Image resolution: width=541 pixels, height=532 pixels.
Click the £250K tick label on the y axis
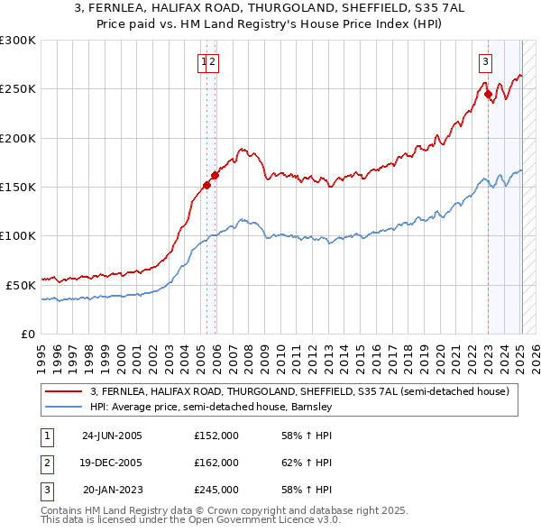[18, 89]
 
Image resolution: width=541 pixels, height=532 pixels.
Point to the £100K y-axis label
[18, 235]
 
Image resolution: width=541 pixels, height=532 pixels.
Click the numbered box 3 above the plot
[485, 62]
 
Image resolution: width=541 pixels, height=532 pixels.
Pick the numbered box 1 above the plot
[206, 62]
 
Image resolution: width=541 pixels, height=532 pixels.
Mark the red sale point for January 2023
[488, 94]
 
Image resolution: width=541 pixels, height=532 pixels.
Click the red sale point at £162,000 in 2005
[215, 175]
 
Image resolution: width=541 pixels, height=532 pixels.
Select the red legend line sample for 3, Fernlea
[64, 391]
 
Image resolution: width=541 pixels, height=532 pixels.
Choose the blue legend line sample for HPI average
[64, 407]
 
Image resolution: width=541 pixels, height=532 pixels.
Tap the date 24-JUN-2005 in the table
[112, 436]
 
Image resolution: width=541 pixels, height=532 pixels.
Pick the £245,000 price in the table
[216, 490]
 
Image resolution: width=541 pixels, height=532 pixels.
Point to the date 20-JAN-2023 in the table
[112, 490]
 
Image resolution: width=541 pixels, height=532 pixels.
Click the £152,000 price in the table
[216, 436]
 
